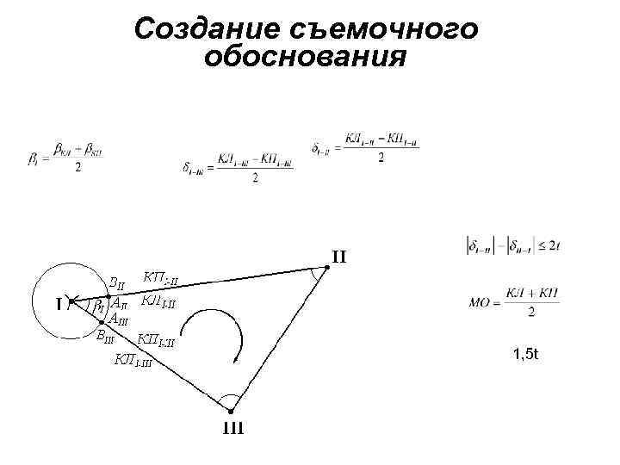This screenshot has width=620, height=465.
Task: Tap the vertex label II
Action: [339, 256]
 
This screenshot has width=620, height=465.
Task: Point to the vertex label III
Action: [233, 427]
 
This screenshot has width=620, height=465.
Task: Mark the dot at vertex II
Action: [326, 268]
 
